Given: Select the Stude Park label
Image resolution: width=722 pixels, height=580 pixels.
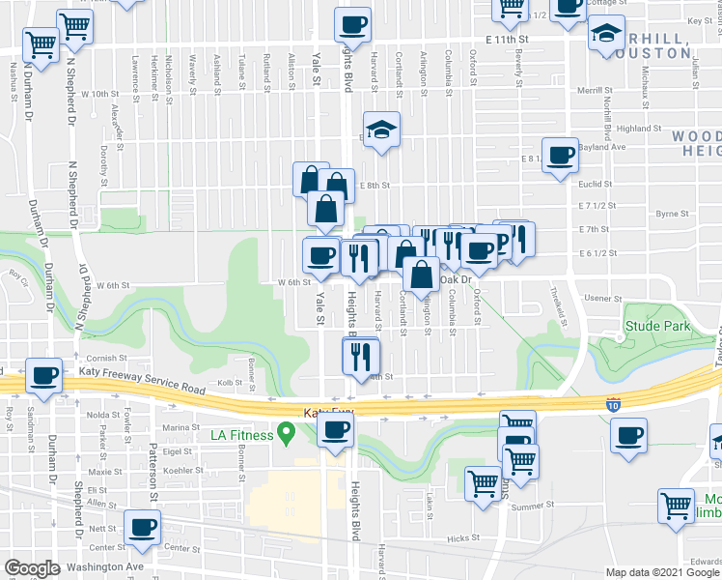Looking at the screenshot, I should (x=657, y=327).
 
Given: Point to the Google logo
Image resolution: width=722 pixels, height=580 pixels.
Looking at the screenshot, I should (x=32, y=568).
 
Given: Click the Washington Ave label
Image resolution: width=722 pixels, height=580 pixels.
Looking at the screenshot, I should (x=113, y=566).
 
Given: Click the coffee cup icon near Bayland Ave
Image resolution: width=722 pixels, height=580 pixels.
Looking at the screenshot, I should (x=559, y=156).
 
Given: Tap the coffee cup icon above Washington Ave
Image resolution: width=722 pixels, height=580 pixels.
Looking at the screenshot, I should (x=144, y=528).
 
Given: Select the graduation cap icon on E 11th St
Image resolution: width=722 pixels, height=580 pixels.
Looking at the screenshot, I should (x=605, y=36).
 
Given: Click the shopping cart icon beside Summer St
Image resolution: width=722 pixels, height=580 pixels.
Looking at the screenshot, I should (x=483, y=482).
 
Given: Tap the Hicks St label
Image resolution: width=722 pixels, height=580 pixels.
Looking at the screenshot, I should (x=463, y=538).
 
